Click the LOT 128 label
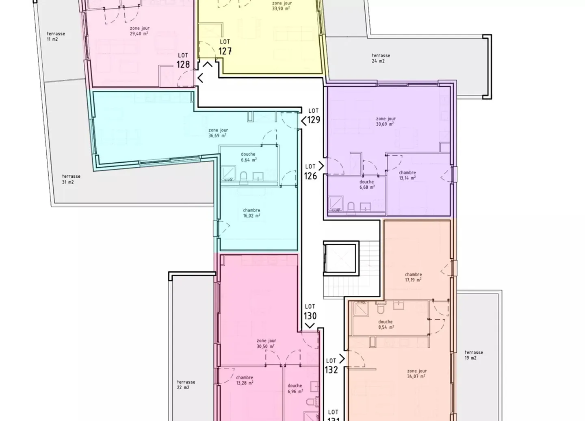click(x=183, y=61)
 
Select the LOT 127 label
click(x=225, y=47)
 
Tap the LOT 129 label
click(x=314, y=116)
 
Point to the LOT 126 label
click(x=310, y=172)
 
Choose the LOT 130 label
click(x=310, y=312)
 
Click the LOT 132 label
click(x=331, y=366)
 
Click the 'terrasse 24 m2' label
click(x=381, y=58)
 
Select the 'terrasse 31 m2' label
click(x=71, y=179)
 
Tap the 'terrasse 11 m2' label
click(x=56, y=37)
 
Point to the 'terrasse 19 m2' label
click(x=474, y=355)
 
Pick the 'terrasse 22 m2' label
click(x=186, y=385)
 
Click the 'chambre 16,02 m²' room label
click(x=251, y=213)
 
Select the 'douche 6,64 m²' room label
click(x=248, y=157)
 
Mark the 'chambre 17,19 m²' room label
click(x=413, y=277)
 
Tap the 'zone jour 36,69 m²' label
click(x=218, y=133)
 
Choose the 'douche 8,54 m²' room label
click(x=386, y=324)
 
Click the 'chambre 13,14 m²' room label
click(x=407, y=175)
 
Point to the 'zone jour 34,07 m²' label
click(x=417, y=373)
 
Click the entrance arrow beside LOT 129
click(x=303, y=121)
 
